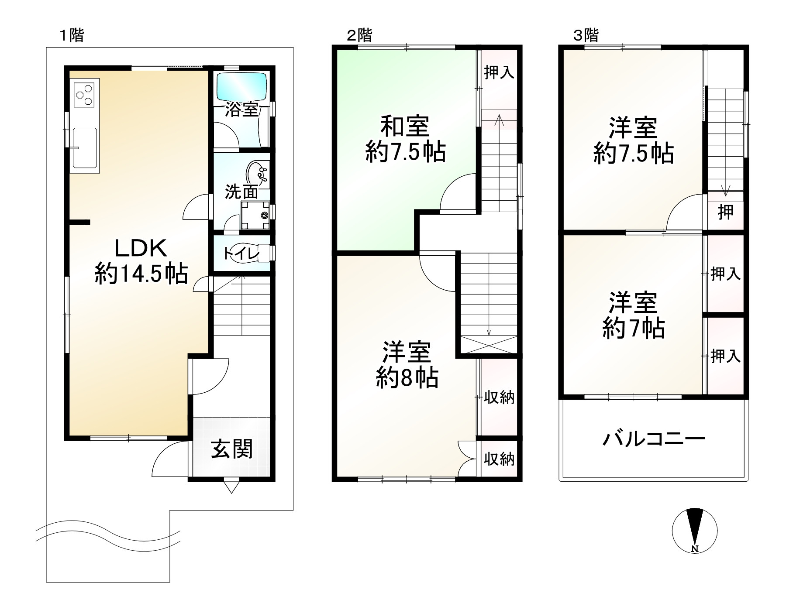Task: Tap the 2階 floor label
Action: click(359, 35)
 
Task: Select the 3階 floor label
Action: click(586, 35)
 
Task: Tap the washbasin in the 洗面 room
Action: click(258, 174)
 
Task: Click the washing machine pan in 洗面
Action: click(256, 215)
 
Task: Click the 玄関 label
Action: click(231, 449)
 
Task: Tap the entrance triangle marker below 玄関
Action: click(231, 486)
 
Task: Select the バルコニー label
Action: click(654, 438)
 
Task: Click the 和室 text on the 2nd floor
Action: click(405, 126)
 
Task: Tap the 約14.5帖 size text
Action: click(141, 274)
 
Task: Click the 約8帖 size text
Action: click(407, 378)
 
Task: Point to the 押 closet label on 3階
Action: click(726, 212)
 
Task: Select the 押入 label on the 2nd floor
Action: click(499, 72)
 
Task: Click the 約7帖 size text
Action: click(634, 329)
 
